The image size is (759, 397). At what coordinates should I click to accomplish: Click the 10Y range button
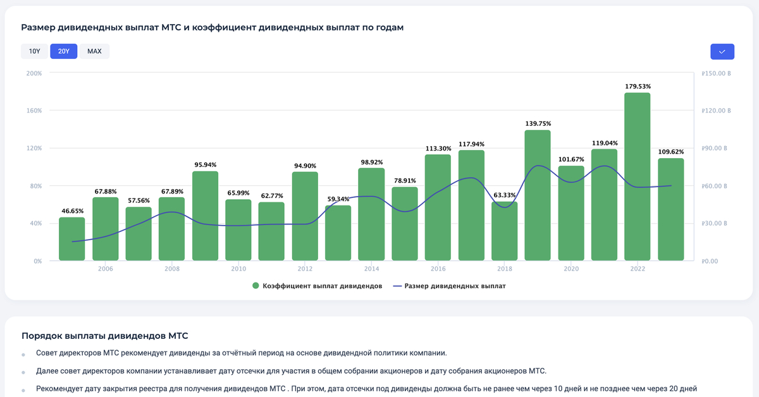click(34, 51)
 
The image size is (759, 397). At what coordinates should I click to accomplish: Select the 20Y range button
click(63, 51)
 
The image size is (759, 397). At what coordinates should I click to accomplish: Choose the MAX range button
click(94, 51)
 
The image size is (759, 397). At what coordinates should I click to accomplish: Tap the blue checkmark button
click(722, 51)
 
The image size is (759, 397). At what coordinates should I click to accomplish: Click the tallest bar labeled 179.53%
click(637, 177)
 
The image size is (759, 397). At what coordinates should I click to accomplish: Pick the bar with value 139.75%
click(538, 195)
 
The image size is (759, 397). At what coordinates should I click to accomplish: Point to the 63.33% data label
click(504, 195)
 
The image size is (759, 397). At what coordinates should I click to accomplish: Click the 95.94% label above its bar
click(205, 164)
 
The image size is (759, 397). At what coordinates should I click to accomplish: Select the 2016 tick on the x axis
click(438, 269)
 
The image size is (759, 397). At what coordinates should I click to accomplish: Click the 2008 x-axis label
click(171, 269)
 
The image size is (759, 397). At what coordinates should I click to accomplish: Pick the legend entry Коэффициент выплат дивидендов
click(316, 286)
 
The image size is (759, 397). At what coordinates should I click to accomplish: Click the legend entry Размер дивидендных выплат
click(449, 286)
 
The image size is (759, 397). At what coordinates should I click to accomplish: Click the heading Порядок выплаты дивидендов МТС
click(104, 336)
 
